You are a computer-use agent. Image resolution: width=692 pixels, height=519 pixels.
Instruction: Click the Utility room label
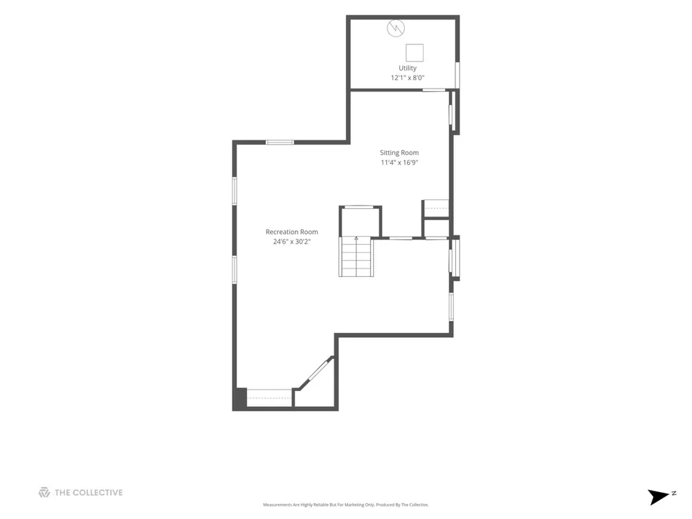point(408,69)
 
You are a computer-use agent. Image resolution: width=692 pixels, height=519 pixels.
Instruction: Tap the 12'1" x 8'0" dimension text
point(408,78)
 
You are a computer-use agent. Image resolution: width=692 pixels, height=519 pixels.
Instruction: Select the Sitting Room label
point(399,153)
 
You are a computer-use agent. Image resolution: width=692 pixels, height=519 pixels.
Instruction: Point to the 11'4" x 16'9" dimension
point(399,163)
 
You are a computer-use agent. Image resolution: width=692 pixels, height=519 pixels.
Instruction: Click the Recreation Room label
point(292,232)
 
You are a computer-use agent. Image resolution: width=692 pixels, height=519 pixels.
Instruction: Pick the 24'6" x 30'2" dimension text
point(292,242)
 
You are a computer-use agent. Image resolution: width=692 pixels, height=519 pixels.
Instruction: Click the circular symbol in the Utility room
point(396,28)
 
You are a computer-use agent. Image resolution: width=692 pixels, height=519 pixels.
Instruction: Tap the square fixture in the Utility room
point(415,53)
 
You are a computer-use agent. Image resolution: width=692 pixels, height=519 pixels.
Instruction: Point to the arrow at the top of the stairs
point(356,239)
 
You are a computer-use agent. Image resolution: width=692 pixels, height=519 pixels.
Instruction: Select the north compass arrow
point(657,496)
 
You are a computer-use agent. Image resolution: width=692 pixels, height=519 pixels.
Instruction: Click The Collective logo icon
point(44,493)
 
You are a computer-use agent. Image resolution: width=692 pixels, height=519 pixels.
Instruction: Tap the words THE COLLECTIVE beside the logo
point(89,493)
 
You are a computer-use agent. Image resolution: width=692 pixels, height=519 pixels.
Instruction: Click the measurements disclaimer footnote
point(346,505)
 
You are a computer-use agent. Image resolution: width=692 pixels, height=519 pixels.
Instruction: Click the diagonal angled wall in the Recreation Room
point(316,373)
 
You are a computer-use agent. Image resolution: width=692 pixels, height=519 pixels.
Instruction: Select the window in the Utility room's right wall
point(457,75)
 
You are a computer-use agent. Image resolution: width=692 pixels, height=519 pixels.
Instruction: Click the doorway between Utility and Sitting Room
point(435,90)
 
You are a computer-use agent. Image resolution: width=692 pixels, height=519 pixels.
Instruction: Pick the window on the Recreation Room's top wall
point(280,142)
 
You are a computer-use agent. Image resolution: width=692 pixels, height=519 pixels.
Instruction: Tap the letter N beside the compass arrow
point(674,493)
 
